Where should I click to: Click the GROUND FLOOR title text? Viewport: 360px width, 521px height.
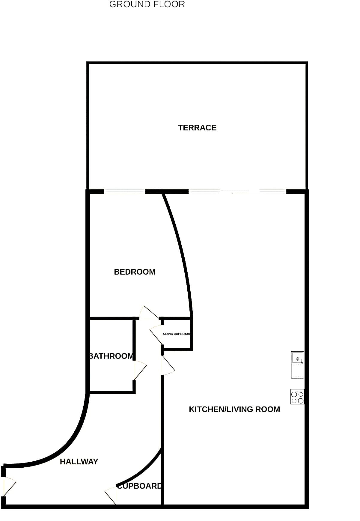tap(147, 4)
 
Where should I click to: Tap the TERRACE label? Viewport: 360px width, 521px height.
tap(197, 128)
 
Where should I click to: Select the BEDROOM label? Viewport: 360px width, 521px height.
tap(135, 272)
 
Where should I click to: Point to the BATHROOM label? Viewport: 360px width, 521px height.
tap(111, 356)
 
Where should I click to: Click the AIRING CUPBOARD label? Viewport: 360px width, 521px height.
tap(177, 334)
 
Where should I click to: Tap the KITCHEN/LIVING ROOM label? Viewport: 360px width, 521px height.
tap(234, 409)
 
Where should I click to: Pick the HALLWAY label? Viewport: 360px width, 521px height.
tap(79, 462)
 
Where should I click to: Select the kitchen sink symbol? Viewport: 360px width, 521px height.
tap(298, 365)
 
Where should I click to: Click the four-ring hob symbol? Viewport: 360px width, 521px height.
tap(297, 397)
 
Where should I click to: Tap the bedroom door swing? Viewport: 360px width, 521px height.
tap(149, 312)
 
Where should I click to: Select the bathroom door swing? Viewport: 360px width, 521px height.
tap(140, 371)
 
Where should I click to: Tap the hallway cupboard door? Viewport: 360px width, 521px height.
tap(111, 496)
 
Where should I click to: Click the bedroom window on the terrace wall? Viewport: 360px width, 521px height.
tap(124, 192)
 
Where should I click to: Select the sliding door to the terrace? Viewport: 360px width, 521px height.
tap(237, 192)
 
